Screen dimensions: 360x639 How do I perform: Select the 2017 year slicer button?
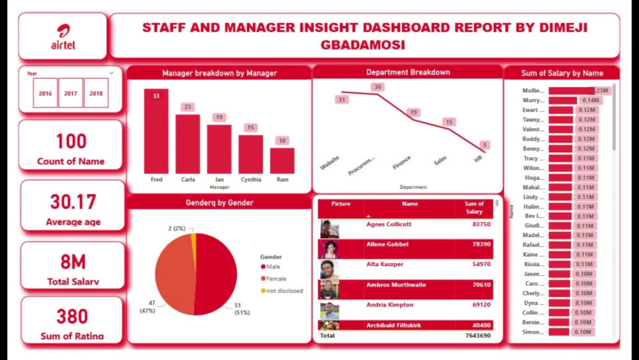(70, 93)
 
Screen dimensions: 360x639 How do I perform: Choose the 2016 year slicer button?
(45, 93)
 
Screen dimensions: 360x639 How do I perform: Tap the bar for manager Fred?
(156, 132)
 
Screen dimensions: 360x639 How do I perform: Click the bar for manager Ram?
(282, 160)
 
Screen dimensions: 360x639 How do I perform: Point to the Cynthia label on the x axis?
(250, 180)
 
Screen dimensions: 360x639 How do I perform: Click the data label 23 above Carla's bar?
(187, 107)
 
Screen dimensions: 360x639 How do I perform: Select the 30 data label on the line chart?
(378, 87)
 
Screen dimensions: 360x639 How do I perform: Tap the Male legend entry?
(272, 267)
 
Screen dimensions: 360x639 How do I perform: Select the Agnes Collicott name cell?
(389, 224)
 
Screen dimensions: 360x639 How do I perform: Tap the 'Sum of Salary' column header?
(473, 208)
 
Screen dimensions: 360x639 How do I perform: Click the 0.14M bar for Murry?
(562, 100)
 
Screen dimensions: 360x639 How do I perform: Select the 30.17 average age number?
(73, 202)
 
